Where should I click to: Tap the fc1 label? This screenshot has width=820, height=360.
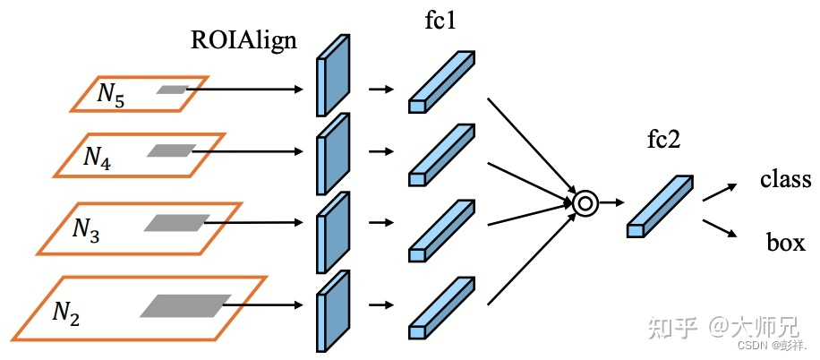click(440, 20)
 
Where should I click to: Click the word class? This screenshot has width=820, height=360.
click(785, 179)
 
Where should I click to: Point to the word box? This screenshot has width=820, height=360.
click(784, 242)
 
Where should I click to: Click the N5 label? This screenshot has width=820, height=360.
click(112, 94)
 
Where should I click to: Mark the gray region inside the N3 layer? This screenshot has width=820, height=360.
click(176, 222)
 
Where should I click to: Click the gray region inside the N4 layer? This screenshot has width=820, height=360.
click(171, 151)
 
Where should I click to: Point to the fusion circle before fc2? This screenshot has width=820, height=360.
click(585, 203)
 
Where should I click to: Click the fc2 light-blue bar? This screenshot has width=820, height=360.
click(660, 206)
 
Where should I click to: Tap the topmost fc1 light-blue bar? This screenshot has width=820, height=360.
click(440, 83)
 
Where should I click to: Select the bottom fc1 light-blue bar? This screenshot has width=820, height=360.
click(440, 306)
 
